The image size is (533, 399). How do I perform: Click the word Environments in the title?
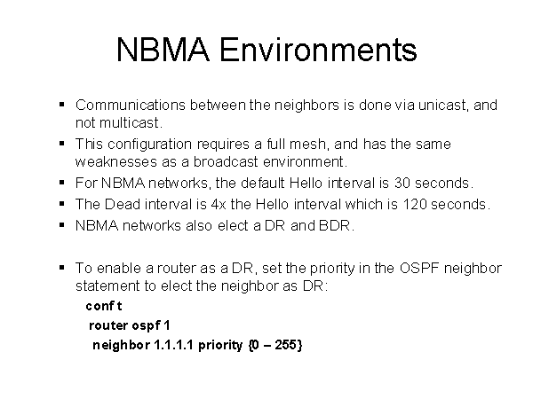pyautogui.click(x=318, y=50)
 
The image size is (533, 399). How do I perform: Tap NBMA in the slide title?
pyautogui.click(x=163, y=50)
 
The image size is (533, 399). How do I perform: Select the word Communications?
pyautogui.click(x=131, y=106)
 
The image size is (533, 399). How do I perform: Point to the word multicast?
pyautogui.click(x=129, y=123)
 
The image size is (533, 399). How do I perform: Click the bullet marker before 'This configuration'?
pyautogui.click(x=62, y=144)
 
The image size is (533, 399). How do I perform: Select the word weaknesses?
pyautogui.click(x=116, y=162)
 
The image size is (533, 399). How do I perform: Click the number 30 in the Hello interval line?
pyautogui.click(x=402, y=184)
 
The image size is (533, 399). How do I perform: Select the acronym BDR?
pyautogui.click(x=335, y=225)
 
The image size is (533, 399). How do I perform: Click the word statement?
pyautogui.click(x=107, y=286)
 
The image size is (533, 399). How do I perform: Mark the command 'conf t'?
pyautogui.click(x=104, y=306)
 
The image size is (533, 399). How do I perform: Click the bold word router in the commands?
pyautogui.click(x=108, y=325)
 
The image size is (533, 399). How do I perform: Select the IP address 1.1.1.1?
pyautogui.click(x=174, y=345)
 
